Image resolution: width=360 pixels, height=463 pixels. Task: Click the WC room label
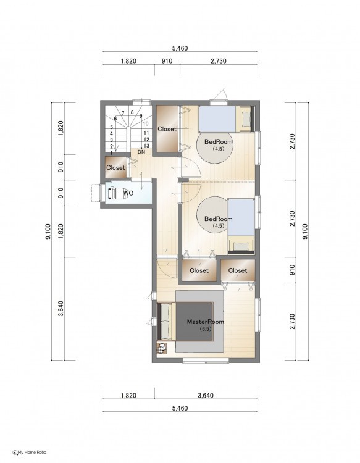coord(128,193)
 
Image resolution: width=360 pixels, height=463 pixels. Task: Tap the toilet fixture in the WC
coord(117,193)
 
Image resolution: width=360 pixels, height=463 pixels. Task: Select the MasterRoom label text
coord(205,322)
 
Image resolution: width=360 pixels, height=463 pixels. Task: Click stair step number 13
coord(146,146)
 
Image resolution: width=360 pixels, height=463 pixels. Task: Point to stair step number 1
coord(111,153)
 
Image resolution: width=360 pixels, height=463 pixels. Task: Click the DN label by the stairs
coord(141,152)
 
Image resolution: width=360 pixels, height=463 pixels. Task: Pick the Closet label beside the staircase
coord(167,129)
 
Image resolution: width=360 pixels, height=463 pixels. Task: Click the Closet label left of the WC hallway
coord(115,167)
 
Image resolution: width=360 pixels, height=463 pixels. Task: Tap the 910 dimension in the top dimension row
coord(167,61)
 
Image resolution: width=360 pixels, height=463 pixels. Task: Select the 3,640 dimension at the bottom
coord(206,395)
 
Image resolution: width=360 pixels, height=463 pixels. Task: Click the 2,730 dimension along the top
coord(219,61)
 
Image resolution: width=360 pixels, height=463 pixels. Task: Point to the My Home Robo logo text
coord(32,452)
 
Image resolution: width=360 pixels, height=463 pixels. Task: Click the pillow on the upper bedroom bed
coord(245,119)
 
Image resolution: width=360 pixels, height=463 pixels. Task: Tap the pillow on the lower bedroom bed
coord(241,246)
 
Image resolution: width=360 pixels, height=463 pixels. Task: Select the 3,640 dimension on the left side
coord(61,309)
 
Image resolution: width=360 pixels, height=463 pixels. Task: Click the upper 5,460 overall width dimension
coord(180,48)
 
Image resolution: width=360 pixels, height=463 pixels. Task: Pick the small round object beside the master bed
coord(161,349)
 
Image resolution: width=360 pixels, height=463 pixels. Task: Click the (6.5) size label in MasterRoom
coord(206,328)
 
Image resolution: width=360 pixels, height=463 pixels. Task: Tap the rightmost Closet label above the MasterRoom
coord(238,270)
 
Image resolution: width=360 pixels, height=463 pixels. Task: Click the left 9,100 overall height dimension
coord(48,231)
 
